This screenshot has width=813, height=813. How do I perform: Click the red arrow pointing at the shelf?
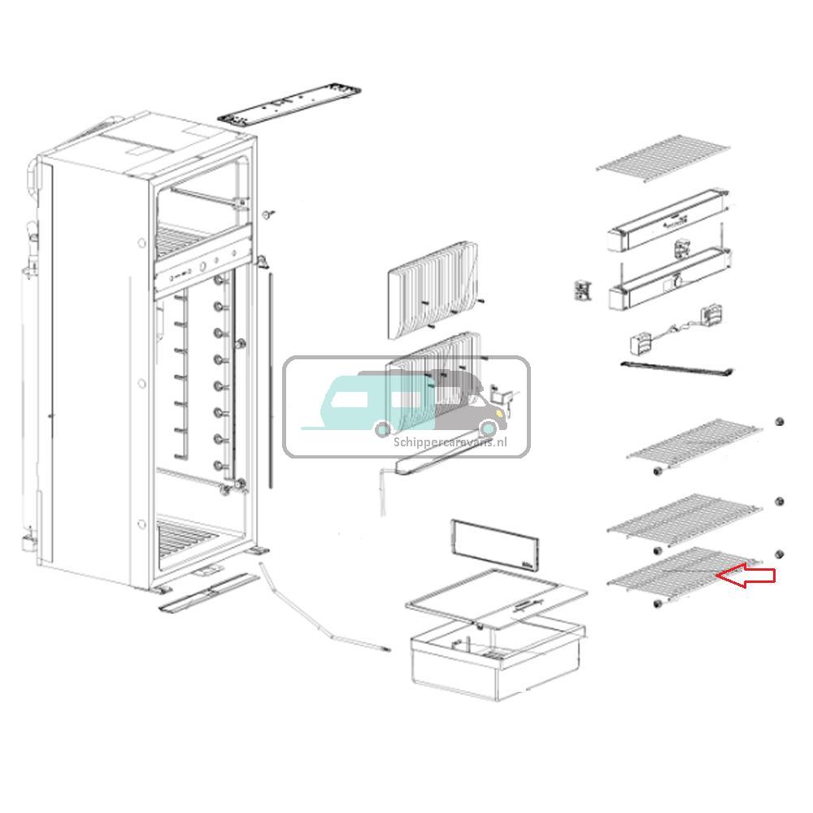748,577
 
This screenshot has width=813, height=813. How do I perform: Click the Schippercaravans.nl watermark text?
461,441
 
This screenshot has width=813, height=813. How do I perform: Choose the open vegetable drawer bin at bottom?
496,663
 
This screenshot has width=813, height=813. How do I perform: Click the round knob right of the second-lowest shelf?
780,502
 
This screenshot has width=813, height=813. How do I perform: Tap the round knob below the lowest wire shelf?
655,604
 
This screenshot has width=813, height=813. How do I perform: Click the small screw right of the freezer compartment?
267,214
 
